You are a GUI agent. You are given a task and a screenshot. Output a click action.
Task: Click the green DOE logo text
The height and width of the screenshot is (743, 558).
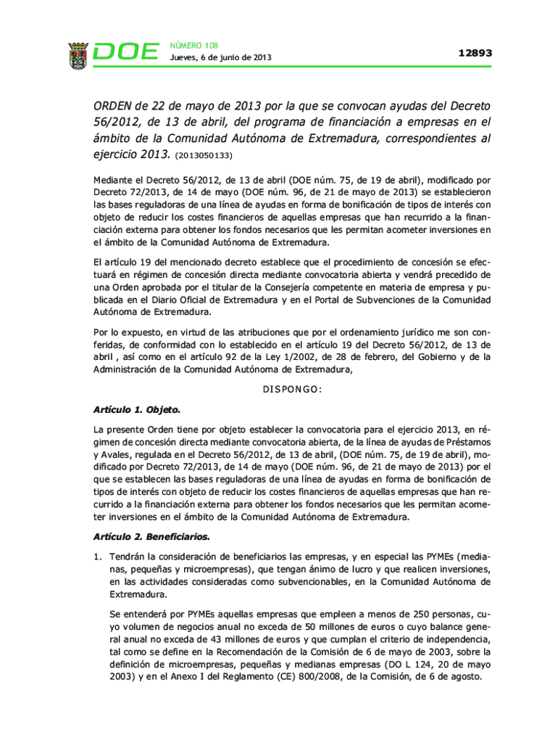click(x=127, y=53)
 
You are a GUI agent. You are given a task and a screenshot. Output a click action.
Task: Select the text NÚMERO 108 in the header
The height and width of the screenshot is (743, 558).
click(x=193, y=45)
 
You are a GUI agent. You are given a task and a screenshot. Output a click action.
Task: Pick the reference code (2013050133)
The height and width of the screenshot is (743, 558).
click(x=204, y=155)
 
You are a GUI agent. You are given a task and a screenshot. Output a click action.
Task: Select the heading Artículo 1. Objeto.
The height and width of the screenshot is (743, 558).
click(x=137, y=409)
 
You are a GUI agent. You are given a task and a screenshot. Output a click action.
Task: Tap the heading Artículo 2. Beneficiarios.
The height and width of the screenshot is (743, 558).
click(x=151, y=537)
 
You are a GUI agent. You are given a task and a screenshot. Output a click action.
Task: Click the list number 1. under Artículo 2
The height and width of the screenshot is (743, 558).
click(x=98, y=555)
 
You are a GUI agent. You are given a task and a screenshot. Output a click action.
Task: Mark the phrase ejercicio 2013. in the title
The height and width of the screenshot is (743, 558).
click(x=130, y=154)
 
